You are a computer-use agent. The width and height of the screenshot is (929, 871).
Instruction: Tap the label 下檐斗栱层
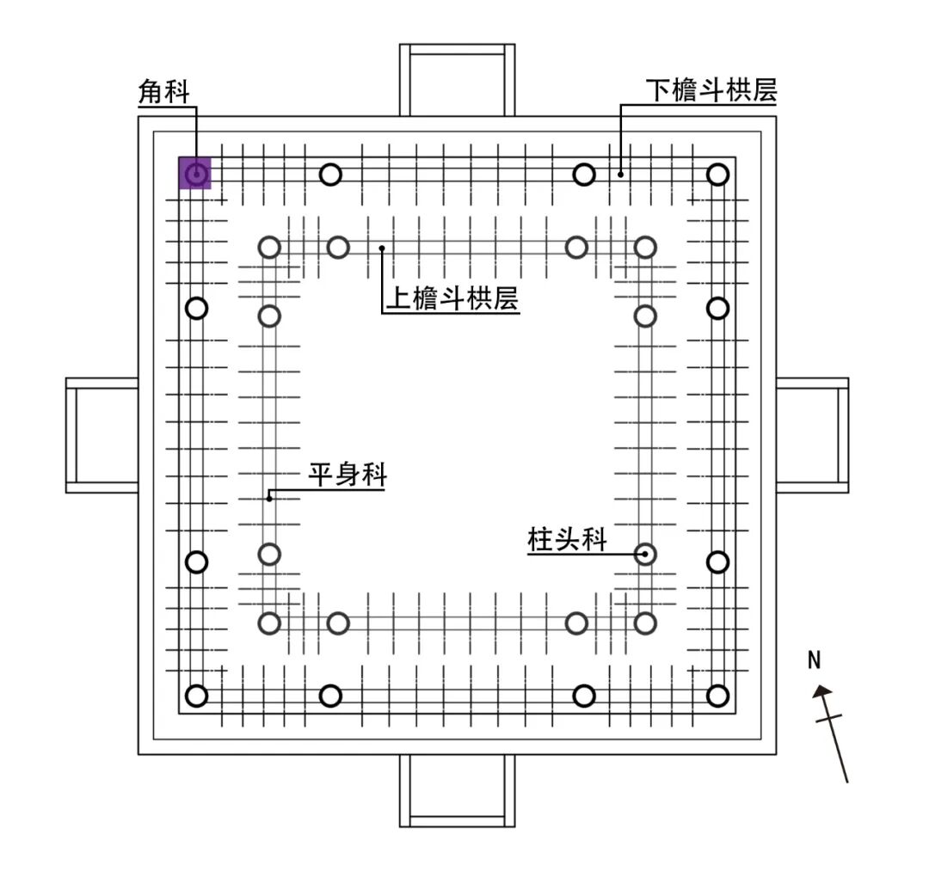pos(711,90)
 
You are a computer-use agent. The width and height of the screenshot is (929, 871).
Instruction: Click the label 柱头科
pos(567,540)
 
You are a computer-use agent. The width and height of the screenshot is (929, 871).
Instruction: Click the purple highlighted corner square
pos(195,173)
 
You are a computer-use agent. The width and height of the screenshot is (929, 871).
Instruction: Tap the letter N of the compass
pos(815,660)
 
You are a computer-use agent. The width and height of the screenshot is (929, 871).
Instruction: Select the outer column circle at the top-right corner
pos(717,175)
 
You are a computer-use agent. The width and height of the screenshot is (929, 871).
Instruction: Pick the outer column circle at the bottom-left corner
pos(197,696)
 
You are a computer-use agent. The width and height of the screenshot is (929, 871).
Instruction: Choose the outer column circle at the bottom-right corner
pos(717,696)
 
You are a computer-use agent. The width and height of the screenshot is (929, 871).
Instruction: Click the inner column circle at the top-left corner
pos(269,248)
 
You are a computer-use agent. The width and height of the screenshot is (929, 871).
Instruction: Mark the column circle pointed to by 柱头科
pos(644,555)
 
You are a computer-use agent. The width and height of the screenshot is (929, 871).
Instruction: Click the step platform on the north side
pos(457,80)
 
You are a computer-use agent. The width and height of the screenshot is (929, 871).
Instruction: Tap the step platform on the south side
pos(457,790)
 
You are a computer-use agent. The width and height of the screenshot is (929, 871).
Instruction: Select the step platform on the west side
pos(102,435)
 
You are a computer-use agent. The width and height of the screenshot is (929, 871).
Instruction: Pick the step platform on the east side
pos(812,435)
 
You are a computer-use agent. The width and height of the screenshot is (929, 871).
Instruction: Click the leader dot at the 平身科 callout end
pos(269,497)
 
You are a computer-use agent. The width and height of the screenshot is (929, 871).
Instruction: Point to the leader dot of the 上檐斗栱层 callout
pos(382,248)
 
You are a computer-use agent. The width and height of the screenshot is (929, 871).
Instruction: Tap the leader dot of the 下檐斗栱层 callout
pos(620,175)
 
